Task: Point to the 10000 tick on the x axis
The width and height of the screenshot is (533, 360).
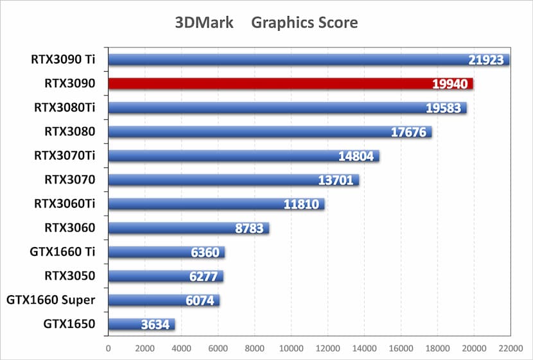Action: (x=291, y=348)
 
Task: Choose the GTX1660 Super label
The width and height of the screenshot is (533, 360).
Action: (x=51, y=300)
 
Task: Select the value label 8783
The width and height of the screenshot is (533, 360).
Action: (x=247, y=228)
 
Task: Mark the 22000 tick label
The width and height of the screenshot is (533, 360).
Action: (x=511, y=348)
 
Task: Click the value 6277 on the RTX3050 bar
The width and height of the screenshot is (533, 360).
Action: (x=204, y=276)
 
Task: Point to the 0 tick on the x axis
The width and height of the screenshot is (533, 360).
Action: (x=108, y=348)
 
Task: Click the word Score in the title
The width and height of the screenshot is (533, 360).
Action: (x=338, y=22)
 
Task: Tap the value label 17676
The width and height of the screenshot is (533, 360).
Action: (x=411, y=132)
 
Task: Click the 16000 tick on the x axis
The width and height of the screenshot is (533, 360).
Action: (x=401, y=348)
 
